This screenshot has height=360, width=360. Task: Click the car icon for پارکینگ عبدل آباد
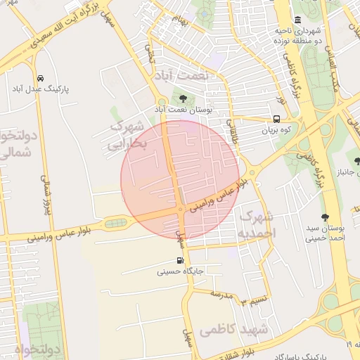40,78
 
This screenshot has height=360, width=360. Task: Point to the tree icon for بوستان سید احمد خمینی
324,217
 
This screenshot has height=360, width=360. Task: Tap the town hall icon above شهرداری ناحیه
298,19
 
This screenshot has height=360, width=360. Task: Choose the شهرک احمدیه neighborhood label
257,224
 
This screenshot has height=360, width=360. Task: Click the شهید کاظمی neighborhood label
233,329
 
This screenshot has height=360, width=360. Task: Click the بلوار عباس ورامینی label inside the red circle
219,196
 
